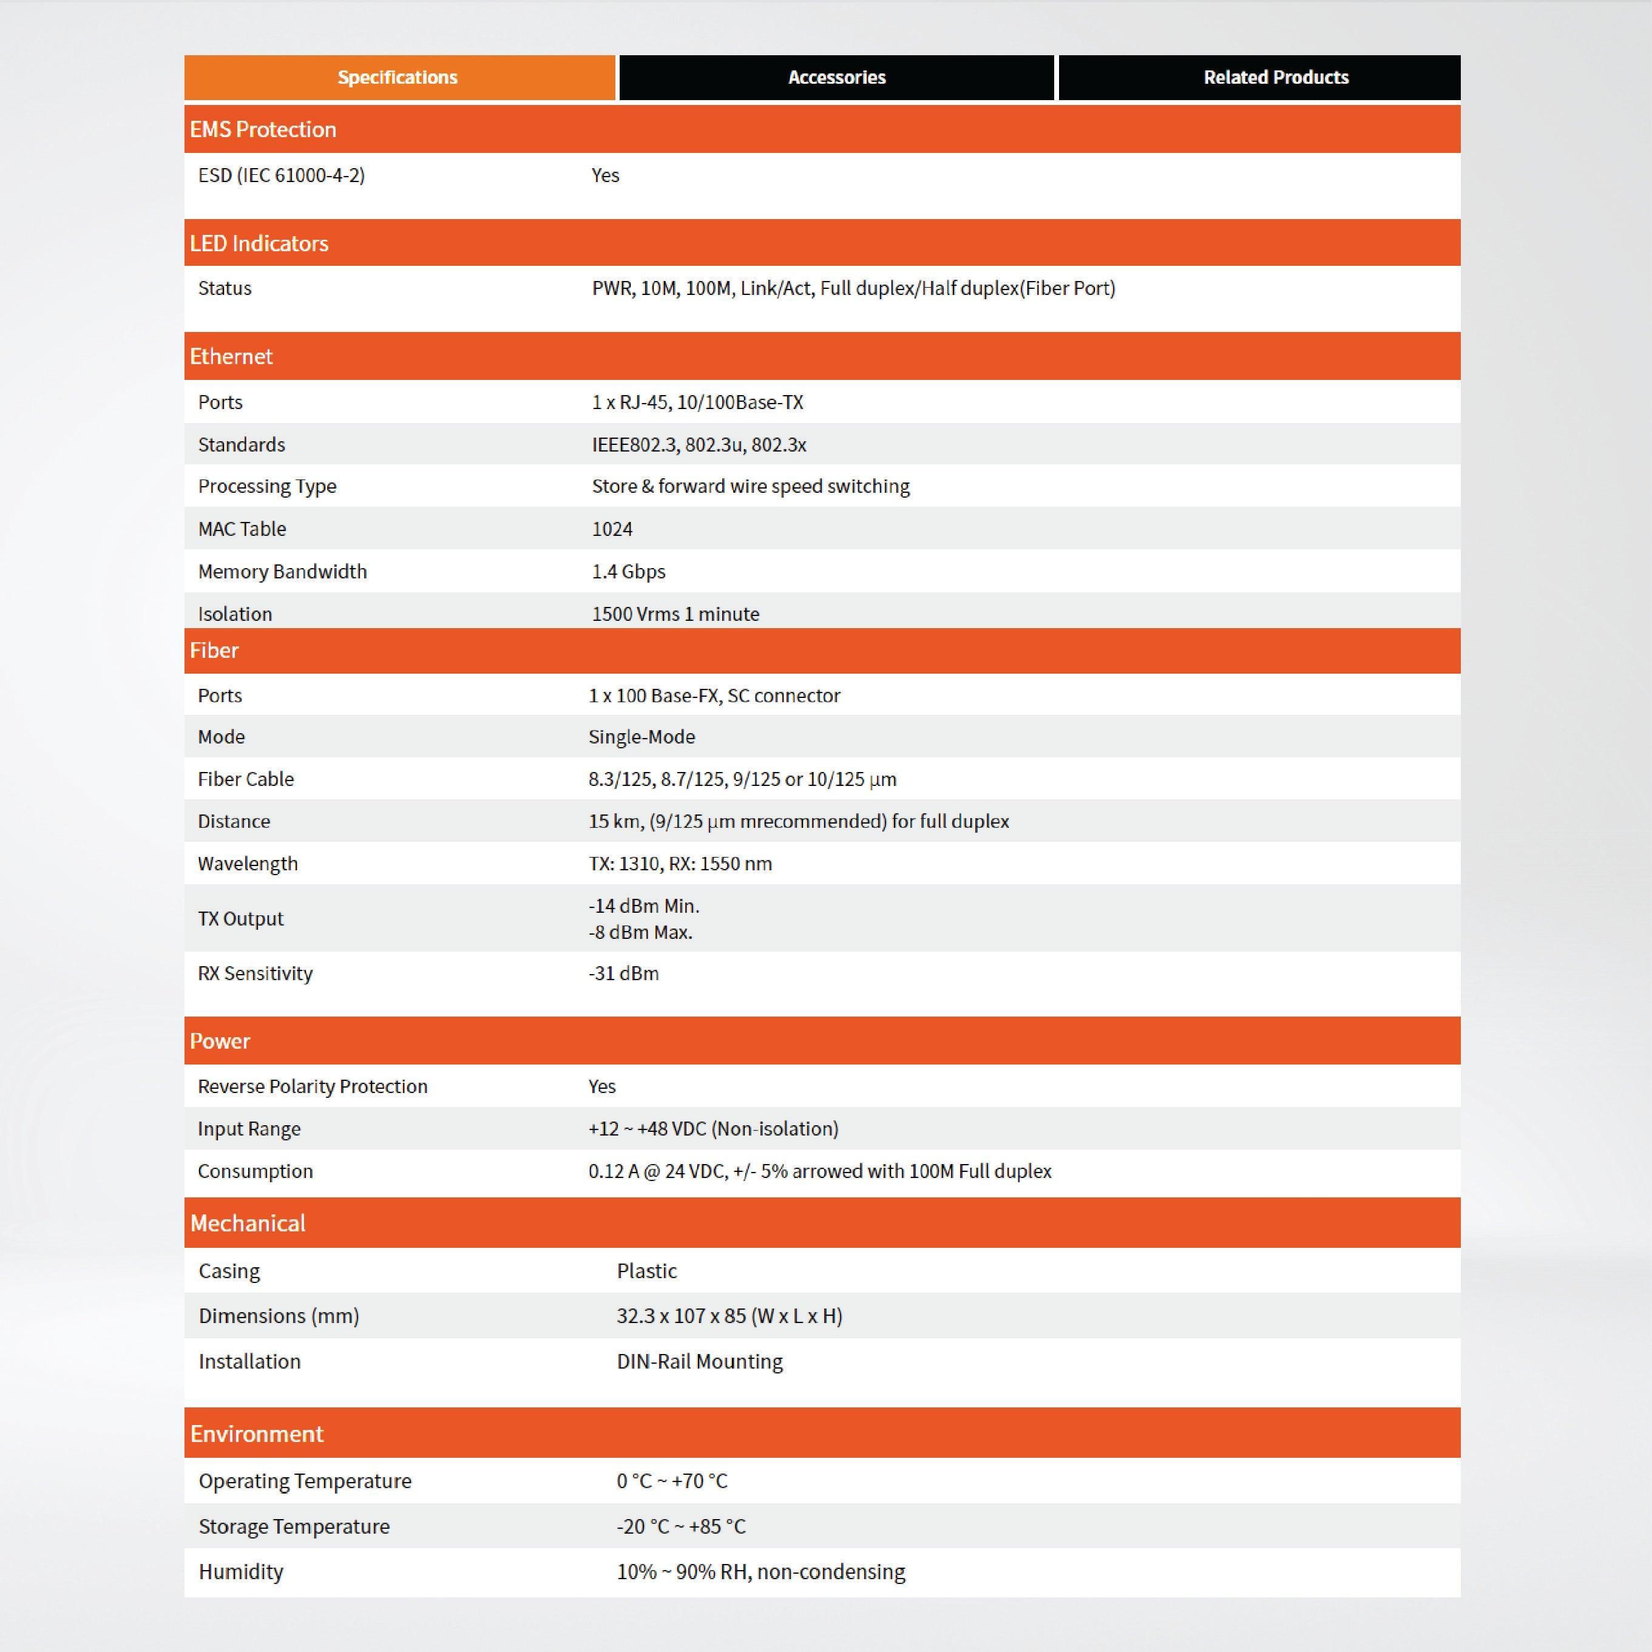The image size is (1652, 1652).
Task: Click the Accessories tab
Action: pyautogui.click(x=836, y=78)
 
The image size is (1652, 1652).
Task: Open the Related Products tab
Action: pyautogui.click(x=1275, y=78)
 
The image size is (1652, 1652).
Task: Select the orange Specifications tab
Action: pyautogui.click(x=398, y=78)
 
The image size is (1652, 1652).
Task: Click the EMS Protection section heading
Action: pyautogui.click(x=263, y=130)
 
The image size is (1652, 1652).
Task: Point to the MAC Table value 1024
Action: pyautogui.click(x=612, y=529)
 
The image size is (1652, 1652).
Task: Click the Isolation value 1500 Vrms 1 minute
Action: pyautogui.click(x=675, y=614)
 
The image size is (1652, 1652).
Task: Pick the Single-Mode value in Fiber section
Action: pyautogui.click(x=642, y=737)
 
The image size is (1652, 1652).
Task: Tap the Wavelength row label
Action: pyautogui.click(x=248, y=864)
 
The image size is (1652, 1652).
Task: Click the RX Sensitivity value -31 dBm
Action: pyautogui.click(x=623, y=973)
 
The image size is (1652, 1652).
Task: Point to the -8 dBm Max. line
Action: pyautogui.click(x=640, y=932)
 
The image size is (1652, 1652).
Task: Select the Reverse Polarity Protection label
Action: pyautogui.click(x=312, y=1086)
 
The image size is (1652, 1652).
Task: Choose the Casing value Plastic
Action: pyautogui.click(x=646, y=1271)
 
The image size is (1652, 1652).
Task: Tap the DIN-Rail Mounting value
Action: pyautogui.click(x=699, y=1361)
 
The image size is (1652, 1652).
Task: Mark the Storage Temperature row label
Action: pyautogui.click(x=294, y=1526)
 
